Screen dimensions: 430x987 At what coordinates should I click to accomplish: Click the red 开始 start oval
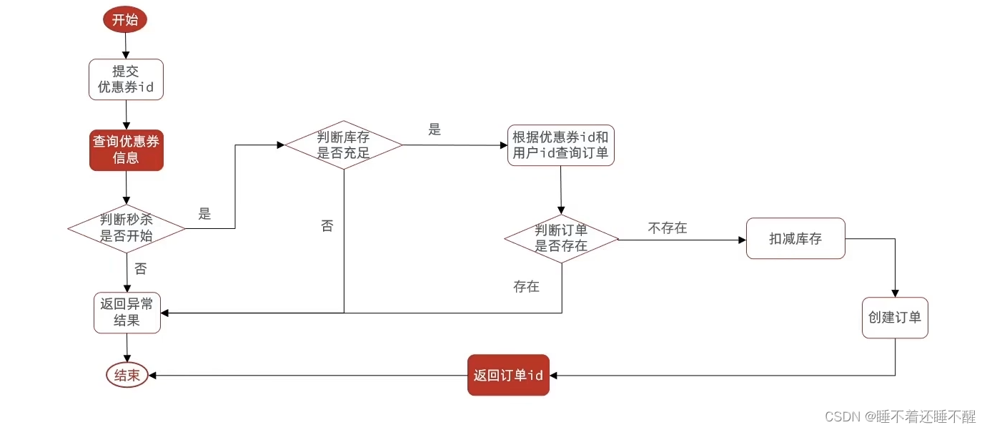tap(125, 19)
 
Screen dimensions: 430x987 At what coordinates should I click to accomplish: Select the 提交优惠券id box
tap(126, 79)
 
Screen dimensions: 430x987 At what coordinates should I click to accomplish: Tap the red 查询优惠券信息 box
tap(127, 150)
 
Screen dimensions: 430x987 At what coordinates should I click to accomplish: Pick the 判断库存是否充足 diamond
tap(344, 145)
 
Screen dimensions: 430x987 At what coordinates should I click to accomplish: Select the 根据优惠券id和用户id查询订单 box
tap(561, 145)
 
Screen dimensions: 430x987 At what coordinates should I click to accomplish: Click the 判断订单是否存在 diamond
tap(561, 238)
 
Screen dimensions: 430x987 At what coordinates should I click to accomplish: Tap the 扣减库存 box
tap(795, 239)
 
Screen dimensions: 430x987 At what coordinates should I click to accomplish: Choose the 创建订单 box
tap(895, 318)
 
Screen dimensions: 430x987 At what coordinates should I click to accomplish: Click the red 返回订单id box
tap(508, 375)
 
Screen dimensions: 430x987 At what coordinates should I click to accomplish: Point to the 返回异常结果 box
tap(127, 313)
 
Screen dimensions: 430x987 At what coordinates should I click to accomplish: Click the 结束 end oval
tap(127, 375)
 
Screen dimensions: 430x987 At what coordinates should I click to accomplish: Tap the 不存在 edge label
tap(668, 228)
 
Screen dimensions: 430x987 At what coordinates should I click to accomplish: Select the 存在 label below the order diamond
tap(526, 287)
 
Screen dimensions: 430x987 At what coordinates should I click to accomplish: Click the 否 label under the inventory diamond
tap(327, 226)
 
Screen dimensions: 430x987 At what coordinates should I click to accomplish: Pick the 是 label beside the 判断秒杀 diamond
tap(205, 214)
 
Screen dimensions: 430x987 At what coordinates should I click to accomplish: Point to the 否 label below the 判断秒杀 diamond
tap(141, 269)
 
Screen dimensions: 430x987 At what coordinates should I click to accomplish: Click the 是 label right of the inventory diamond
tap(435, 130)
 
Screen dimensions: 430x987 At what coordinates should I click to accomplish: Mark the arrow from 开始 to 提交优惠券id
tap(126, 45)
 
